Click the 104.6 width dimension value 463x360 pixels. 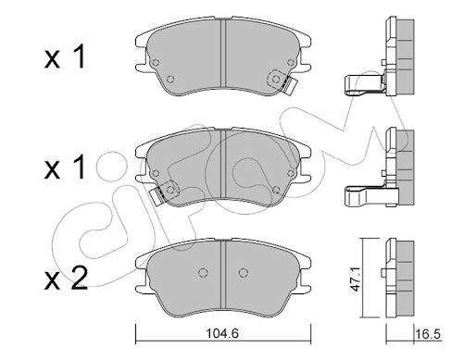click(222, 333)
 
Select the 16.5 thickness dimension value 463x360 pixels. click(428, 334)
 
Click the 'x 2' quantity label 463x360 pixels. click(66, 279)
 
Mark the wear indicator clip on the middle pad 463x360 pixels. click(157, 195)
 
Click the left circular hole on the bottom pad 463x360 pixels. click(203, 273)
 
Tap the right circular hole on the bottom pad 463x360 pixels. click(244, 273)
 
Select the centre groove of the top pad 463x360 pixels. click(223, 53)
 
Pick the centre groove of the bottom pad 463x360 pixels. click(223, 275)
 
